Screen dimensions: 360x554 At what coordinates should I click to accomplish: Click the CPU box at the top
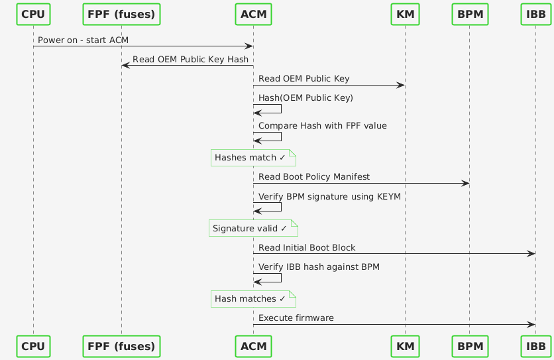(33, 13)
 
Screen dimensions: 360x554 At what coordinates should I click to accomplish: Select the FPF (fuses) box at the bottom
(121, 346)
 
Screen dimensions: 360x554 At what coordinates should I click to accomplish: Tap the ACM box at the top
(253, 13)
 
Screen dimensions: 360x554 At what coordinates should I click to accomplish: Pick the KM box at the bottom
(404, 346)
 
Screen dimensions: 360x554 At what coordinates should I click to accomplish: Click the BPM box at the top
(469, 13)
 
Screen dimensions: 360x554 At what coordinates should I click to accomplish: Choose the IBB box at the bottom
(535, 346)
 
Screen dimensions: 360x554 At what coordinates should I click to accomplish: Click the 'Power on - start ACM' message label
(83, 40)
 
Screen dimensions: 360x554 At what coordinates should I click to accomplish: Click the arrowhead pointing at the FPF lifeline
(125, 66)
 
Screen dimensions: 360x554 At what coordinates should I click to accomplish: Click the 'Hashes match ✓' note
(252, 158)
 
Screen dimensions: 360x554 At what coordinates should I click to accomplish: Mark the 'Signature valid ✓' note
(252, 228)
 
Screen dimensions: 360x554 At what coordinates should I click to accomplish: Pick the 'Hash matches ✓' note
(252, 298)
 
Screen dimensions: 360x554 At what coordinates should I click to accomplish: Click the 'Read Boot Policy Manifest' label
(314, 177)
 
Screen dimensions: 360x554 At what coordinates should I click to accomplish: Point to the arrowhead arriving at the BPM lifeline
(465, 183)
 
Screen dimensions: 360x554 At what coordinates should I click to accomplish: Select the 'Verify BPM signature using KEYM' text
(329, 197)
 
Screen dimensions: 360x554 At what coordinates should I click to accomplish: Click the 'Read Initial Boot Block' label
(307, 247)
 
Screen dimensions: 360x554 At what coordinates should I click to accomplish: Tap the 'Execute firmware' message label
(296, 318)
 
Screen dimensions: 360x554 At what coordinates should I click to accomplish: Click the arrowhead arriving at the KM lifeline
(400, 85)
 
